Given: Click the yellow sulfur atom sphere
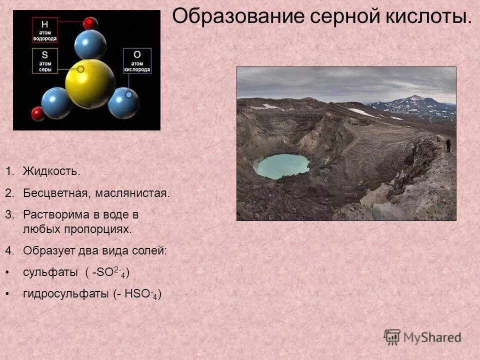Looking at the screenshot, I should click(90, 83).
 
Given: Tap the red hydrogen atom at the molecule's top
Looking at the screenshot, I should click(90, 23).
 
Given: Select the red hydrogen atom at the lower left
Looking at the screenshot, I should click(38, 113).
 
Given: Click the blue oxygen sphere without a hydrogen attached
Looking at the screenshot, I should click(124, 102).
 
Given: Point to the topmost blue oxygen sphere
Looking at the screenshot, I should click(90, 44).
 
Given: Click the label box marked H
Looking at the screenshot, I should click(45, 30).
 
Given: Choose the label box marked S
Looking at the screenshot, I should click(45, 61).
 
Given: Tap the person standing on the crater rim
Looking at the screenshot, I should click(448, 145).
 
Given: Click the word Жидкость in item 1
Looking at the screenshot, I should click(51, 171).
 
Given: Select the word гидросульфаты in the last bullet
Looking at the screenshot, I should click(62, 294).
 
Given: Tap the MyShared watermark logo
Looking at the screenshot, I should click(422, 337).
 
